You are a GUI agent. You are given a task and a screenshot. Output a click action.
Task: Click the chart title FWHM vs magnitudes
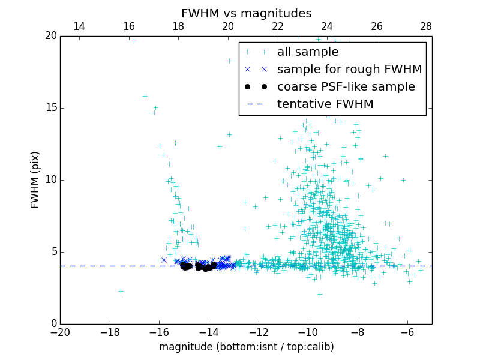246,13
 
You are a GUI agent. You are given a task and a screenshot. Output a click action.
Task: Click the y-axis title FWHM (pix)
35,180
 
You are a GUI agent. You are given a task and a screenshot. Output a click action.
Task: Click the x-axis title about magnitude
246,347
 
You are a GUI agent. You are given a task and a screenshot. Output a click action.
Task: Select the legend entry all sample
308,52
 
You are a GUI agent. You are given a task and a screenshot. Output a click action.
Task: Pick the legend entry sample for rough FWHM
349,70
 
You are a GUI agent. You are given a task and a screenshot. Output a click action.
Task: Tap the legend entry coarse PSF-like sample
346,87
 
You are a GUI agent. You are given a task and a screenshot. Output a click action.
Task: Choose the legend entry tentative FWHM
325,104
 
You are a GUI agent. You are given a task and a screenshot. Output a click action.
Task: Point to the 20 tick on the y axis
50,36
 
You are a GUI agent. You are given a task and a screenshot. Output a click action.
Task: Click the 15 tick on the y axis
50,108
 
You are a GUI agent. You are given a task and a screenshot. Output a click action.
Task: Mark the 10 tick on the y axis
50,180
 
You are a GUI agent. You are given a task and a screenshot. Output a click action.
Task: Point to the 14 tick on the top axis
79,26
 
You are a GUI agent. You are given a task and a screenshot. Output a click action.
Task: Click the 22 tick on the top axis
277,26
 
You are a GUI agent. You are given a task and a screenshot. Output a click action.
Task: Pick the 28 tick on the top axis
426,26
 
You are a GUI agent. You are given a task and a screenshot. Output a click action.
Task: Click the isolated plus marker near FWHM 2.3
121,291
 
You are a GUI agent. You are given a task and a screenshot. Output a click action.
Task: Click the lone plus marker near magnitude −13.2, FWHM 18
229,61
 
